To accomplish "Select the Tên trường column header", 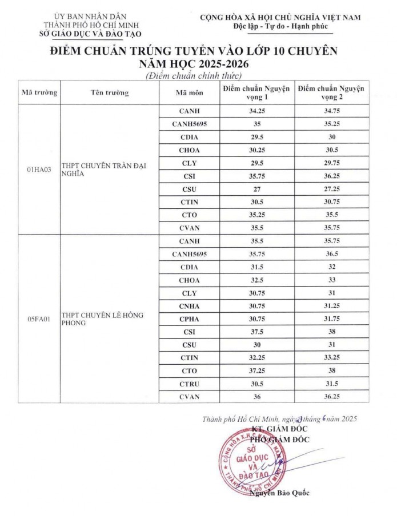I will click(109, 92).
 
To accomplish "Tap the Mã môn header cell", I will click(189, 92).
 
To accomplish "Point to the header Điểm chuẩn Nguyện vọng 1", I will click(256, 92).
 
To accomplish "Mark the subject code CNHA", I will click(189, 306).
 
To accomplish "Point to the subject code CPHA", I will click(189, 319).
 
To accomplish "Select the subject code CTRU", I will click(189, 384).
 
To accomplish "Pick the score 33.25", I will click(330, 358).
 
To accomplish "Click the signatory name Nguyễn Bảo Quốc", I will click(279, 493).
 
